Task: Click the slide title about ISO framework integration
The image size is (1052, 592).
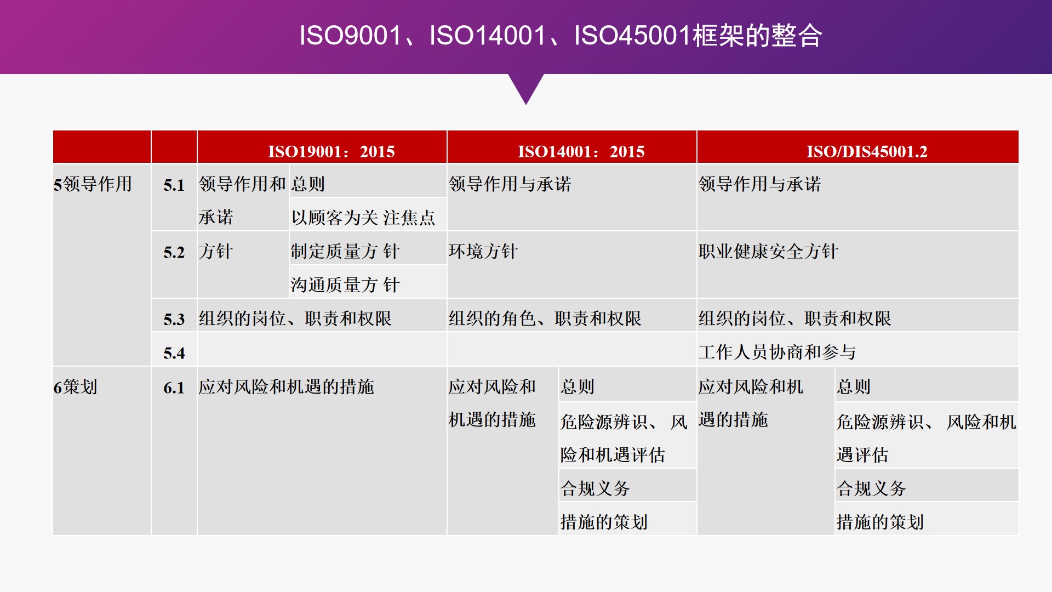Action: point(561,36)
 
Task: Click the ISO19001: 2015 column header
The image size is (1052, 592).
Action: point(331,151)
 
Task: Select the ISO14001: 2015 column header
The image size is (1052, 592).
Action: point(581,151)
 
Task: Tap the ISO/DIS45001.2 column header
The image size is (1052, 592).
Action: point(867,151)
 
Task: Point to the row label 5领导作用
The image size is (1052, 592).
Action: point(93,184)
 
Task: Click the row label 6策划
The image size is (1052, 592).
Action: point(76,387)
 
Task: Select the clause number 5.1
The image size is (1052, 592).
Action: point(174,185)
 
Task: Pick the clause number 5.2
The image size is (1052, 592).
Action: point(174,253)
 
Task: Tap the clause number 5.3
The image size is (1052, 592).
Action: point(174,320)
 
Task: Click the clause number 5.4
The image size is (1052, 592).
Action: point(174,354)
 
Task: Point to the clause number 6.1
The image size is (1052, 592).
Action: point(174,388)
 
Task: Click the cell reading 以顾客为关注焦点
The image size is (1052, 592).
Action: point(363,218)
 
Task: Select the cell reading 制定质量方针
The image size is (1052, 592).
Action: point(345,252)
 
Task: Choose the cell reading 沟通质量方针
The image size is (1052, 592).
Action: point(345,285)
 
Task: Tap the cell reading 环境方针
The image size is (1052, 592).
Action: point(483,252)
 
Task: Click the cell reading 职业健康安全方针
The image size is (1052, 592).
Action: point(768,252)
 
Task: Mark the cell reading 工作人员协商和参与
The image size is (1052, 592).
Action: point(777,352)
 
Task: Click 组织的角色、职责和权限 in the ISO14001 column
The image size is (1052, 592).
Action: point(545,318)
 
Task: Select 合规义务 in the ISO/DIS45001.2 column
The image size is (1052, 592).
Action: point(871,488)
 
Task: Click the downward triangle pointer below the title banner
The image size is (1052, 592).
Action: point(526,88)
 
